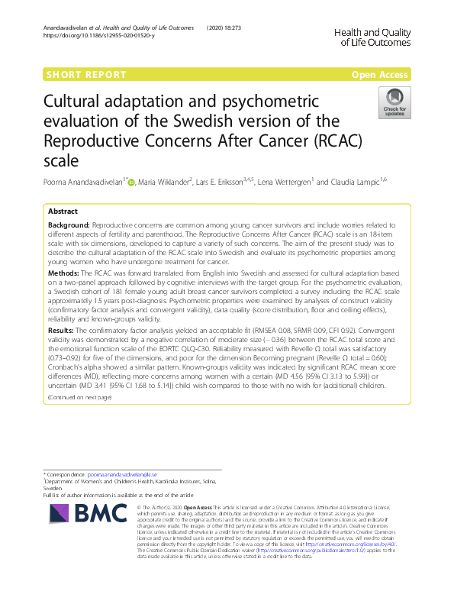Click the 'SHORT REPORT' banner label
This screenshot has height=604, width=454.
coord(86,75)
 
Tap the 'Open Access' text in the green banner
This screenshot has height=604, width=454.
coord(381,75)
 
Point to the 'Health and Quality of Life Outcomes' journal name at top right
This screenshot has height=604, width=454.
coord(372,37)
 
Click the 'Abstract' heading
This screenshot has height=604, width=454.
coord(63,211)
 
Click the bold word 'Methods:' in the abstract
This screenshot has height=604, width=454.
coord(63,272)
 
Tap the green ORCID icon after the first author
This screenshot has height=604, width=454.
coord(130,182)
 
